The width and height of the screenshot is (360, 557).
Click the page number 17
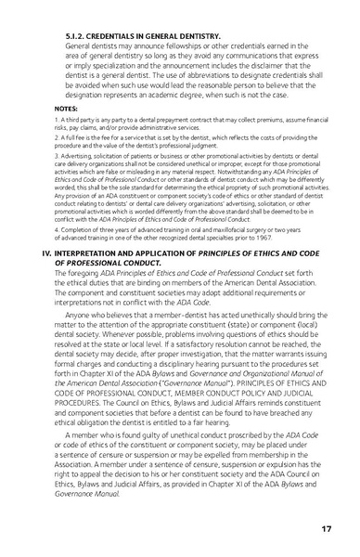tap(327, 528)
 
